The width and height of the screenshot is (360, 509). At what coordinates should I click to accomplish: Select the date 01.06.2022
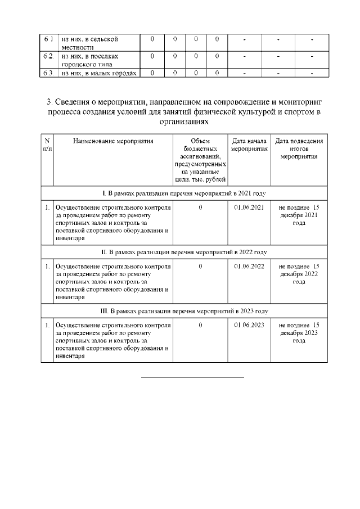point(249,266)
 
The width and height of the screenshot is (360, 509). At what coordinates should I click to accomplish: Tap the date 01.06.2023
point(249,325)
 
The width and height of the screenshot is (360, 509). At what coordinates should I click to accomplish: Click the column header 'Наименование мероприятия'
point(113,141)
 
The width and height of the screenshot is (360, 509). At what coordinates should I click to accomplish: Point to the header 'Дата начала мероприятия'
point(249,145)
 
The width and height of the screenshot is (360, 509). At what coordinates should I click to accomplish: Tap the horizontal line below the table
point(192,377)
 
